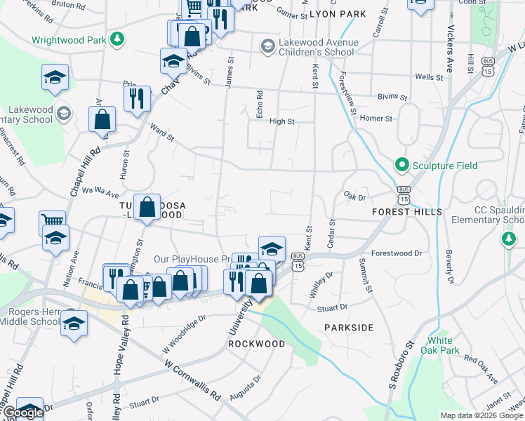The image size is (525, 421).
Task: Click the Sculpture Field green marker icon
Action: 402,166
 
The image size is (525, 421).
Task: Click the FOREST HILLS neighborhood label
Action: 407,211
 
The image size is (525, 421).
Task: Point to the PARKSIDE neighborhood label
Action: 349,328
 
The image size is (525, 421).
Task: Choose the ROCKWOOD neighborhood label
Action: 257,345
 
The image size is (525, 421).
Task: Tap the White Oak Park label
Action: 444,345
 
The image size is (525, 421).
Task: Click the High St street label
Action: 281,121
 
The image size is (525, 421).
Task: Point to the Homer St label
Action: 376,119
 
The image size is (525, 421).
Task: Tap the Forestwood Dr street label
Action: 397,253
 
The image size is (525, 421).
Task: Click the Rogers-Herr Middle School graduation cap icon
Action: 74,323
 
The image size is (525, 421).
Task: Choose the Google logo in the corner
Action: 23,413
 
